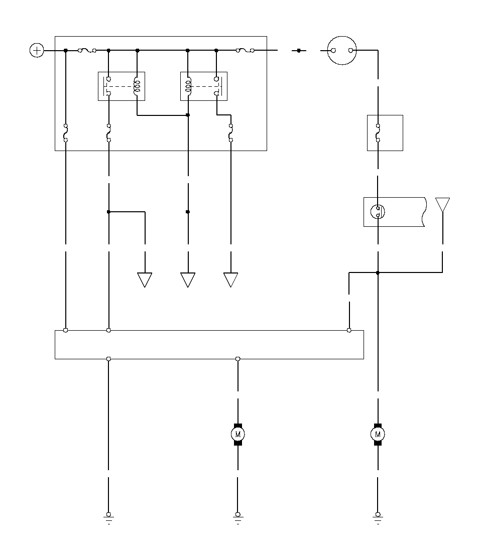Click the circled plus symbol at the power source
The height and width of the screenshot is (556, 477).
click(37, 50)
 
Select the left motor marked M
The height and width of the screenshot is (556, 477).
click(238, 434)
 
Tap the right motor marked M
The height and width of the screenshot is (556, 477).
click(378, 434)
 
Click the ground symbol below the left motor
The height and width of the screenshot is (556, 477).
click(238, 518)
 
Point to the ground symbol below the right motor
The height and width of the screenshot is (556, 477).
click(378, 518)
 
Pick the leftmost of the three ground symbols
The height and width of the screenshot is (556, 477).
click(108, 518)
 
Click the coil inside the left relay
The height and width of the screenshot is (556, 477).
click(137, 86)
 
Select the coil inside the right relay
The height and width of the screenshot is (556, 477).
click(188, 86)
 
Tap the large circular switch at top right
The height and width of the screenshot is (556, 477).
click(342, 50)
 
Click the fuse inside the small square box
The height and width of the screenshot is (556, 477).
click(378, 133)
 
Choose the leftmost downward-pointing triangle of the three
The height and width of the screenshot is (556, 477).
click(145, 280)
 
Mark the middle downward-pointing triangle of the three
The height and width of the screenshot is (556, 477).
click(188, 280)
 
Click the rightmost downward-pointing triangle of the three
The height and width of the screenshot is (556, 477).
click(230, 280)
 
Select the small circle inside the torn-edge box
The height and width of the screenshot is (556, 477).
click(378, 212)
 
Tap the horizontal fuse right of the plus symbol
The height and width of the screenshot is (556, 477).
click(87, 50)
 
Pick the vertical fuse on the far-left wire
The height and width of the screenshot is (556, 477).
click(66, 133)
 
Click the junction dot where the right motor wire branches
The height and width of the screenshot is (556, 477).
click(378, 272)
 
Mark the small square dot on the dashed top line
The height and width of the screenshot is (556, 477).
click(299, 50)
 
